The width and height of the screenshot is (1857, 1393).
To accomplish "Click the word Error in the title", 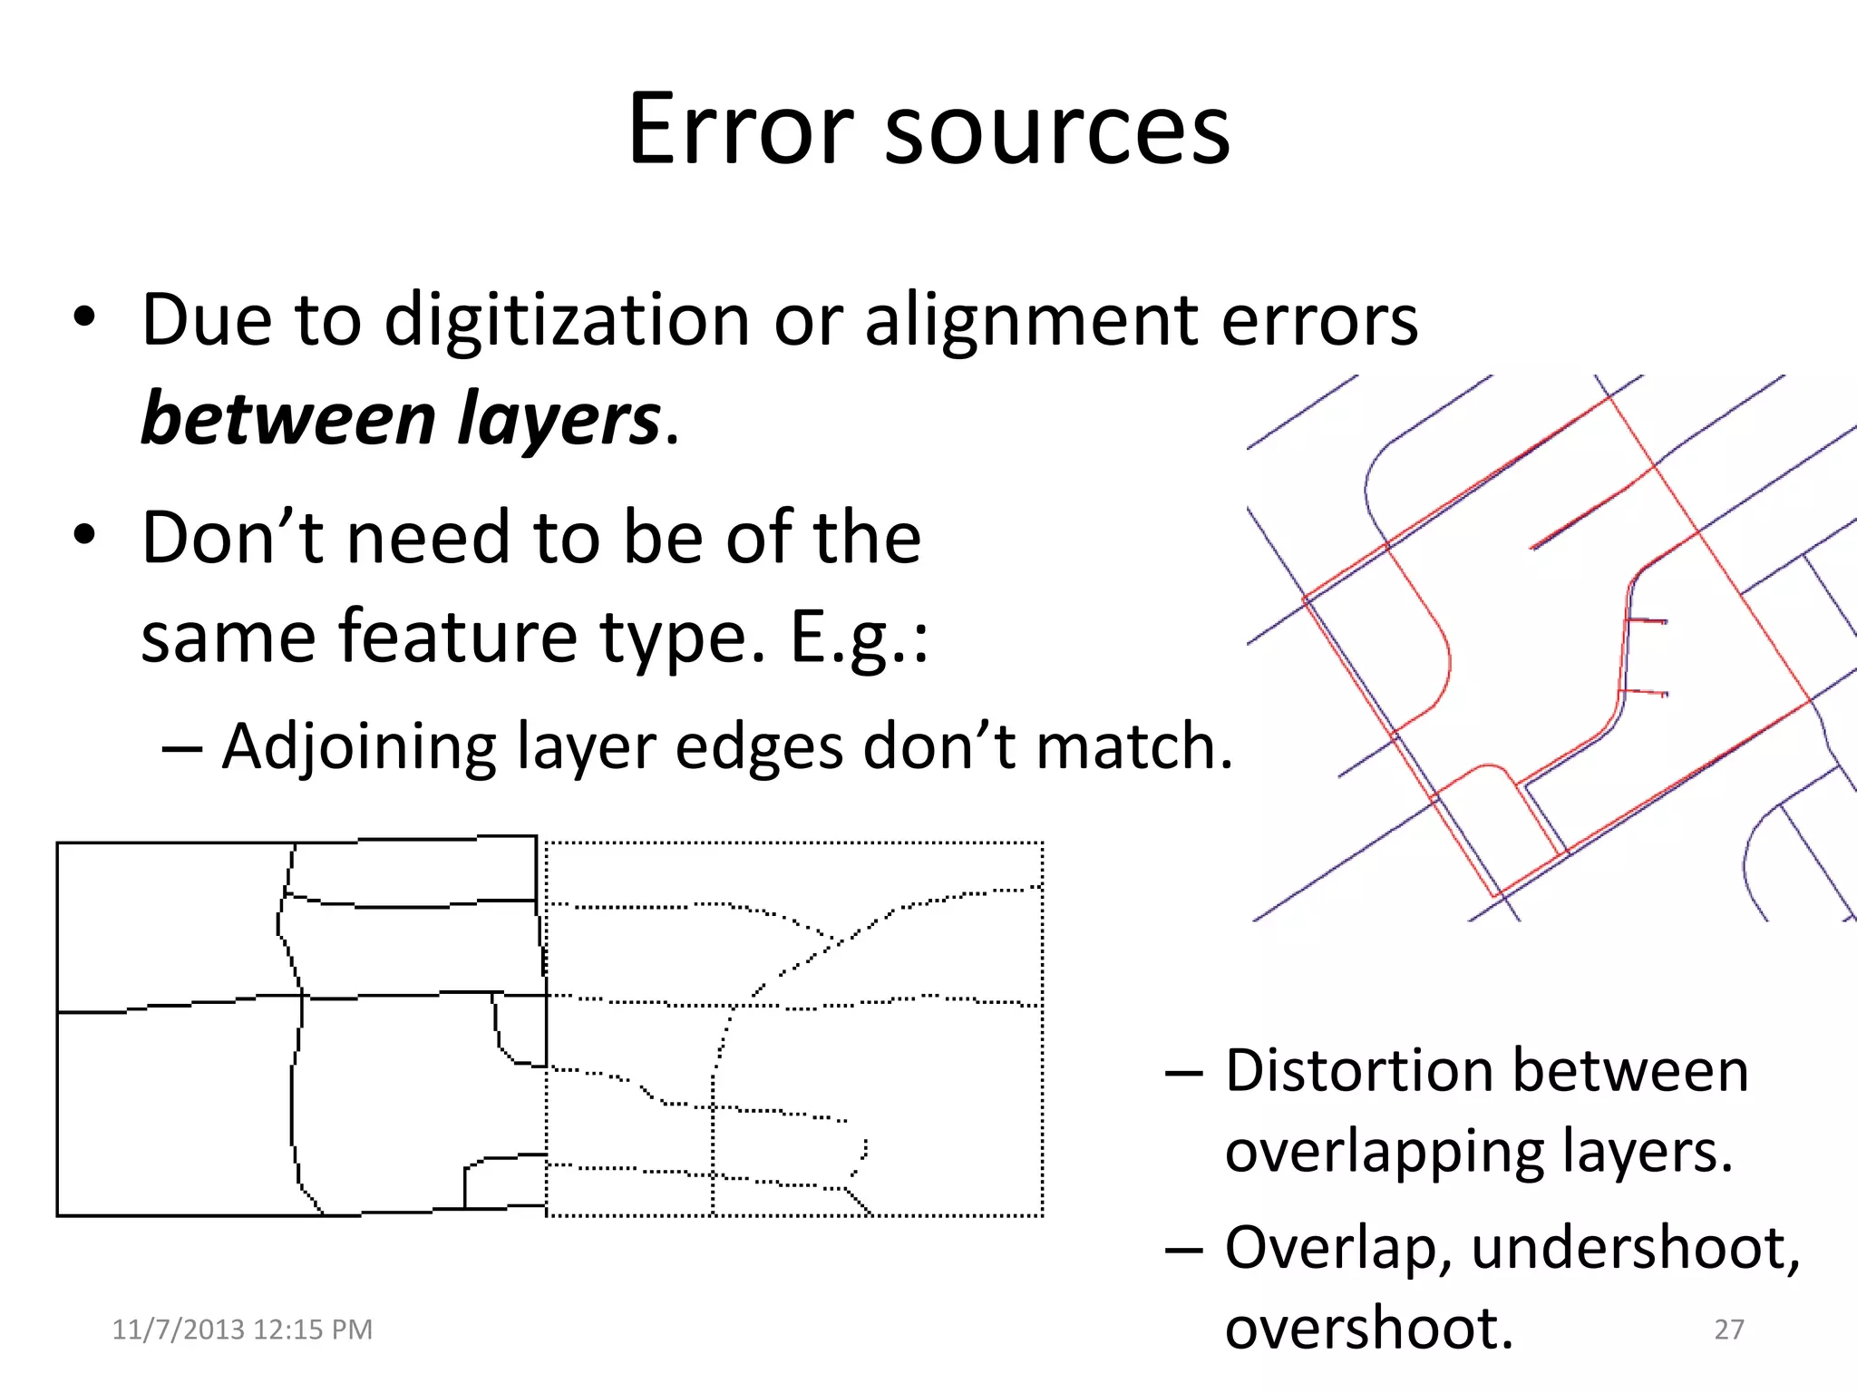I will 740,130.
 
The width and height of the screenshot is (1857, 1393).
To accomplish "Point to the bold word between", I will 289,419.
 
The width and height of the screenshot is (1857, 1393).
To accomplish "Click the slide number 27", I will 1729,1330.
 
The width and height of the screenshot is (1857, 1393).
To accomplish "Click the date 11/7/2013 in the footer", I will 179,1330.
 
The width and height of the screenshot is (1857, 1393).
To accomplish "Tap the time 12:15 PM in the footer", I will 313,1330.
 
